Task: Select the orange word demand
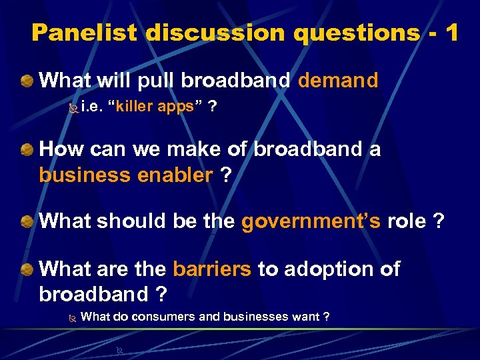coord(338,81)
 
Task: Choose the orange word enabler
coord(173,175)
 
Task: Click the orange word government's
coord(311,221)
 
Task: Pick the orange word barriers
coord(212,269)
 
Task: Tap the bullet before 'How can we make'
coord(27,149)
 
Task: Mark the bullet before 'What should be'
coord(27,222)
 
